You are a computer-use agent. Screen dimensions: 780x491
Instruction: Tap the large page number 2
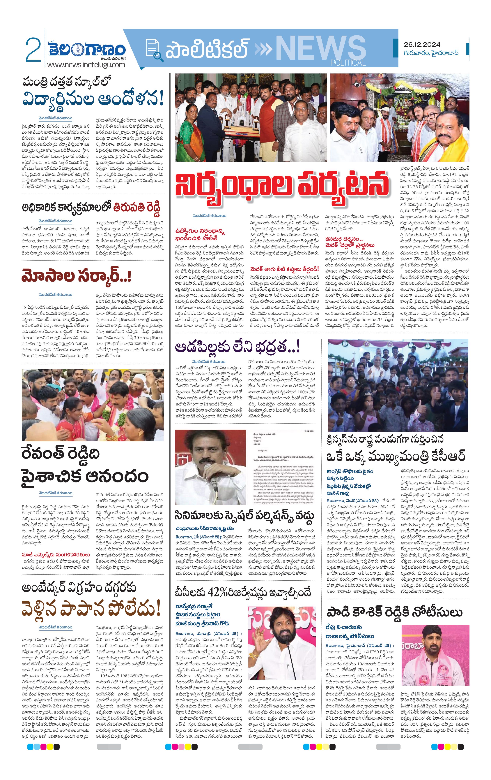[33, 50]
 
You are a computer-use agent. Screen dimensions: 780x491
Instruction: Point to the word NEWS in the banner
[320, 48]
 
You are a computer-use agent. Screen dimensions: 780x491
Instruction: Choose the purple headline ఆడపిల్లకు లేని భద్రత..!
[237, 347]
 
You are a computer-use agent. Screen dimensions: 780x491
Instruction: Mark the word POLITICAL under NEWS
[348, 63]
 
